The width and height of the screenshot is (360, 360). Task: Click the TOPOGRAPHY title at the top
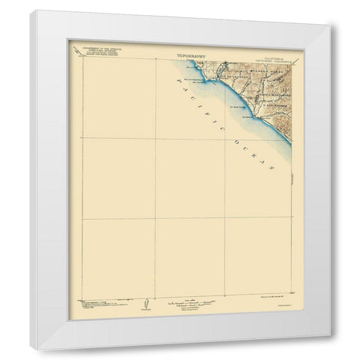point(190,55)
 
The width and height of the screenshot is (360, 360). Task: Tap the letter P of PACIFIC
point(178,80)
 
